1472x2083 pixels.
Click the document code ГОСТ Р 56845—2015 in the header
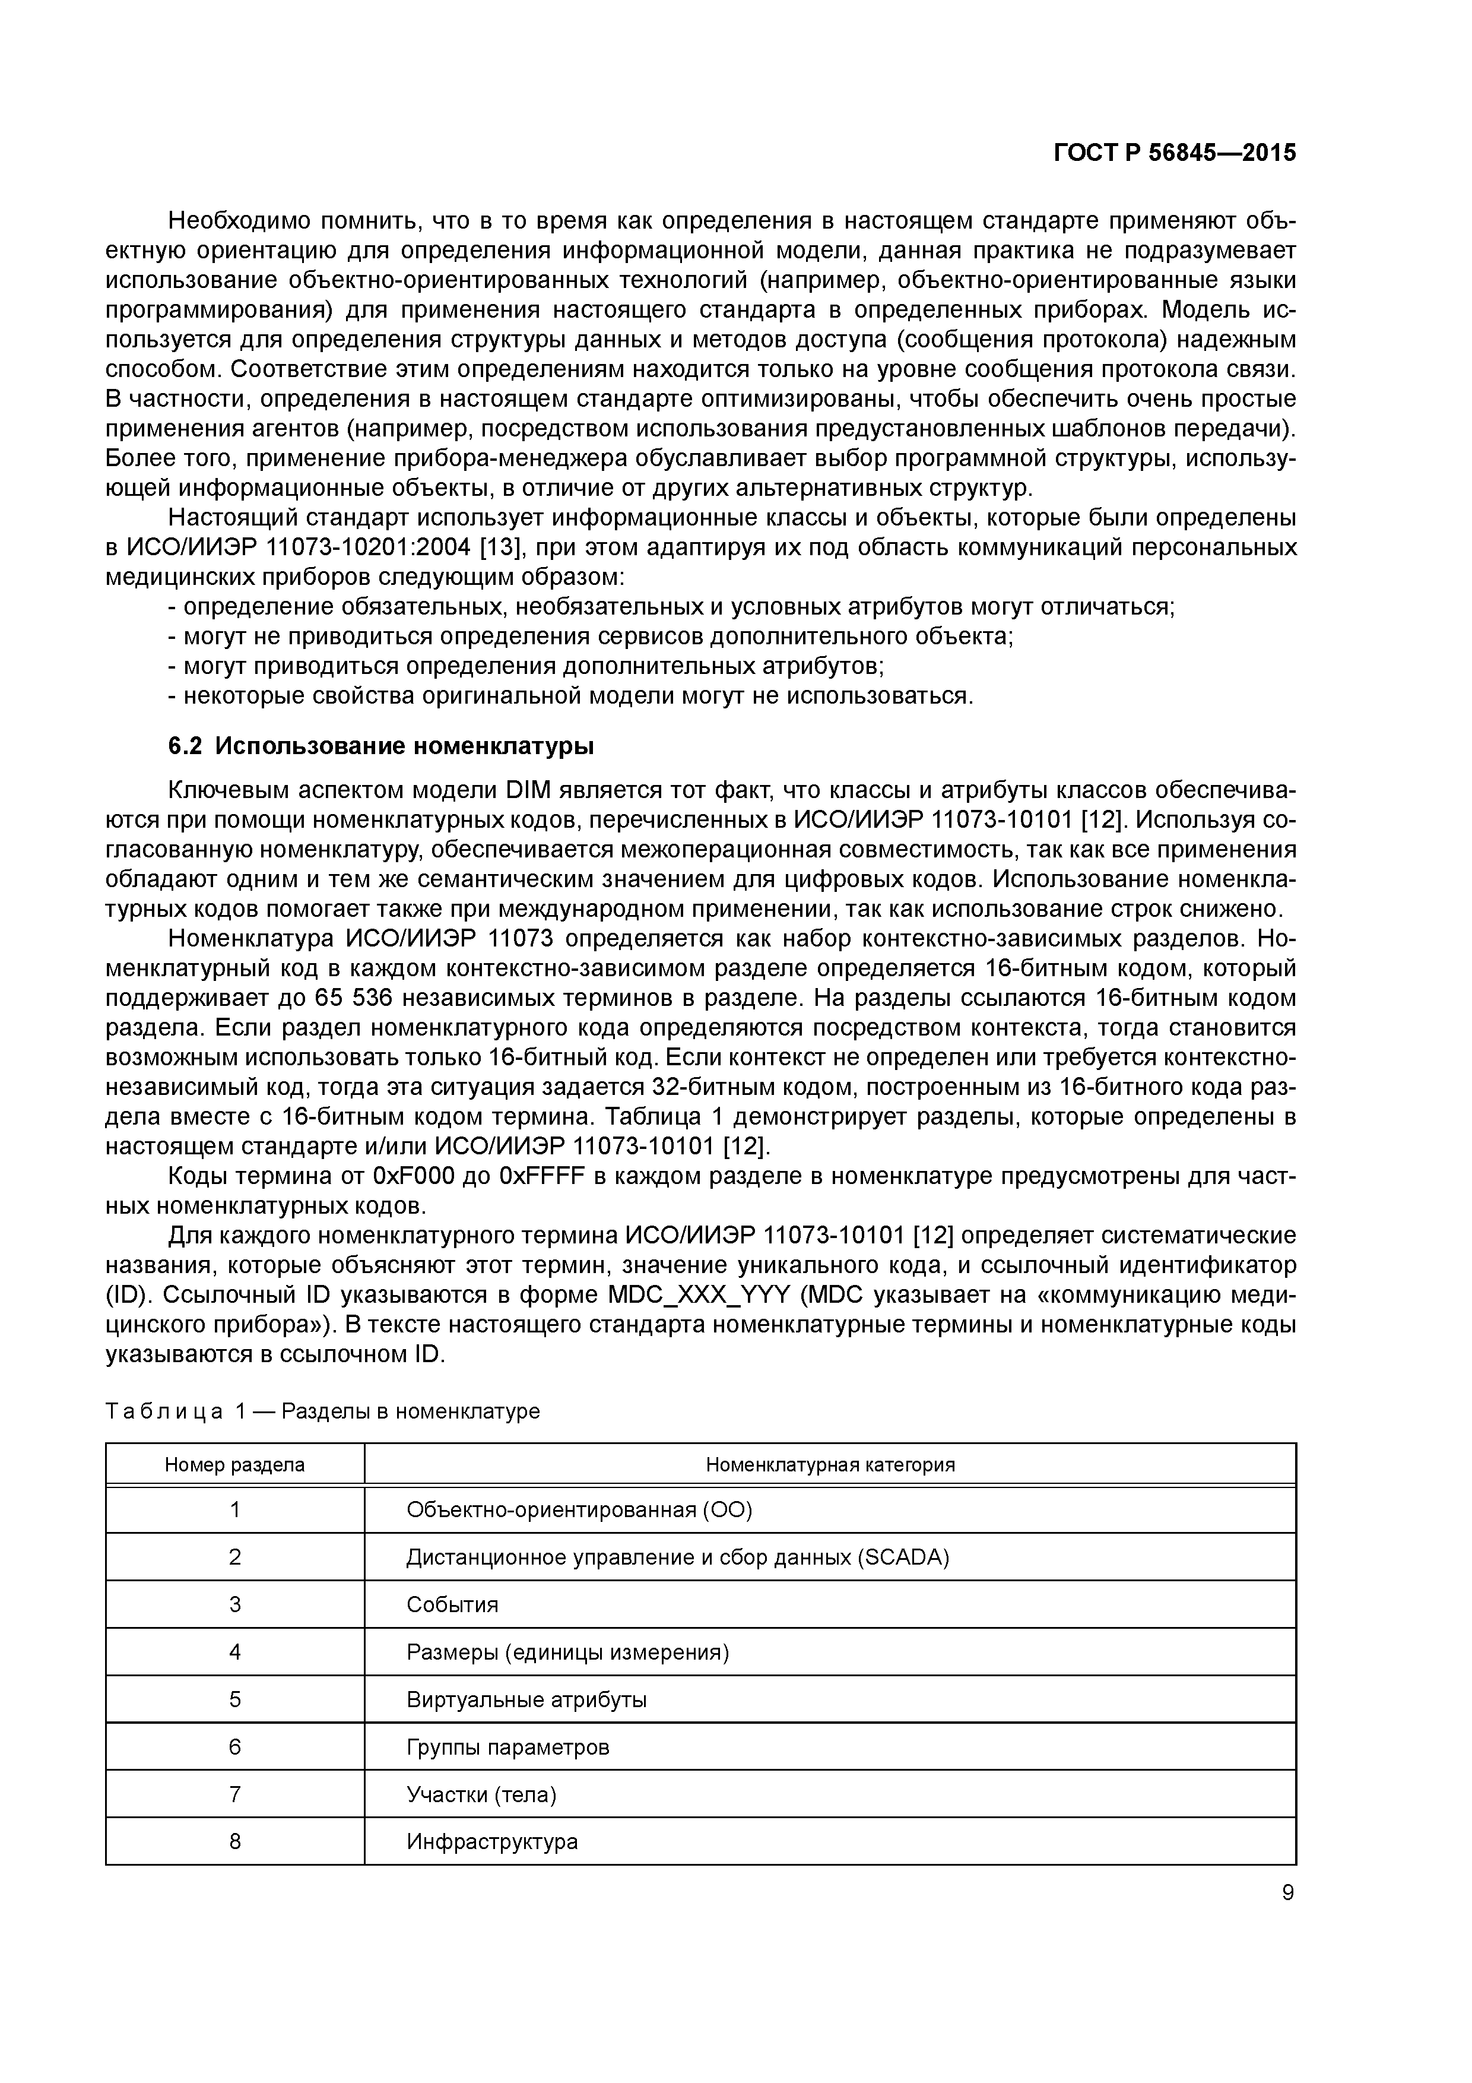(x=1175, y=153)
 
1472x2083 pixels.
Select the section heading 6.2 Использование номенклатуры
(x=381, y=746)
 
